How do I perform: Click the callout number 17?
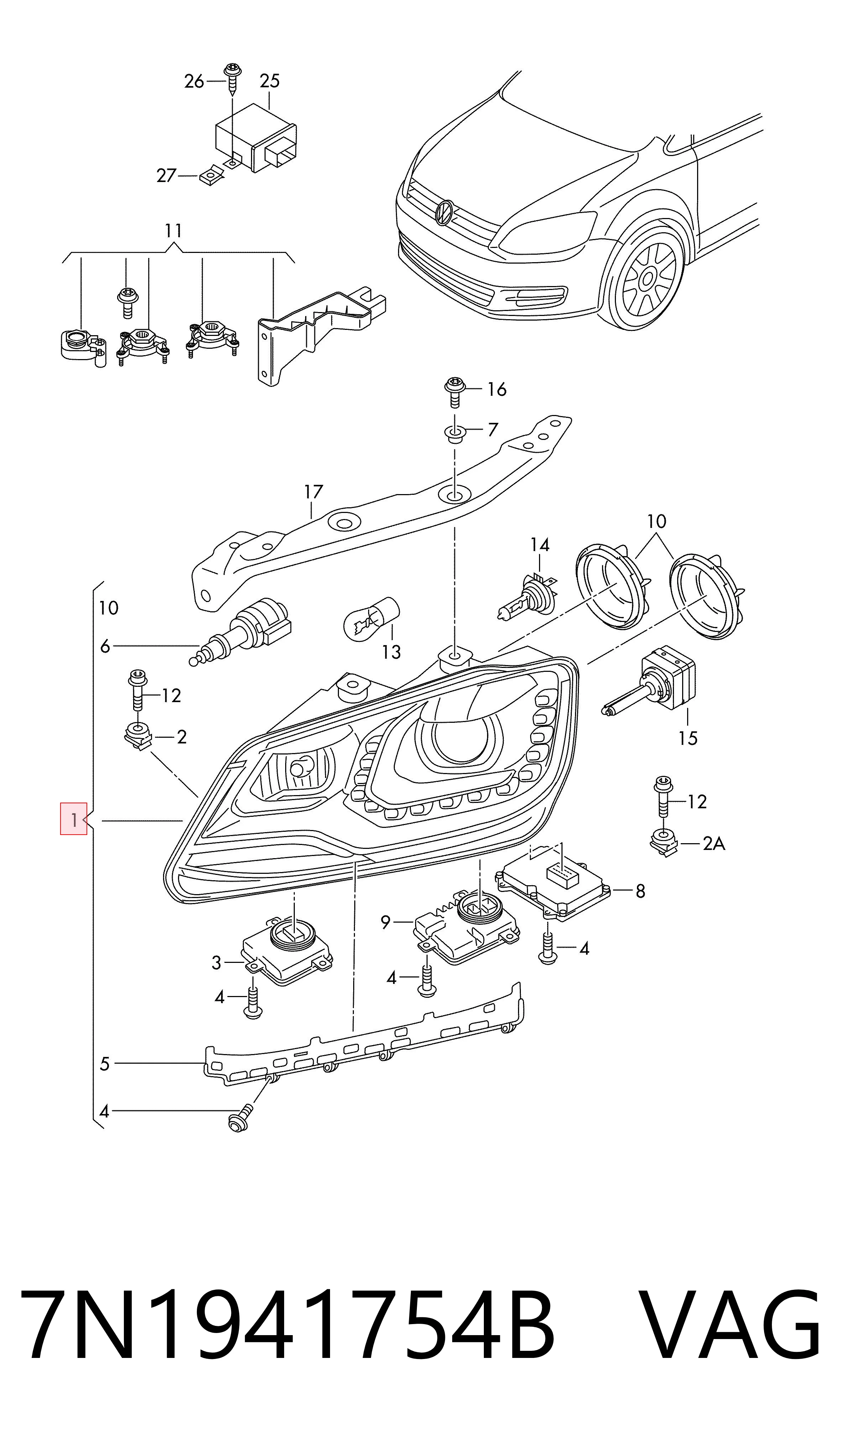pyautogui.click(x=313, y=492)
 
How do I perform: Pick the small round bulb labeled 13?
pyautogui.click(x=370, y=618)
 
